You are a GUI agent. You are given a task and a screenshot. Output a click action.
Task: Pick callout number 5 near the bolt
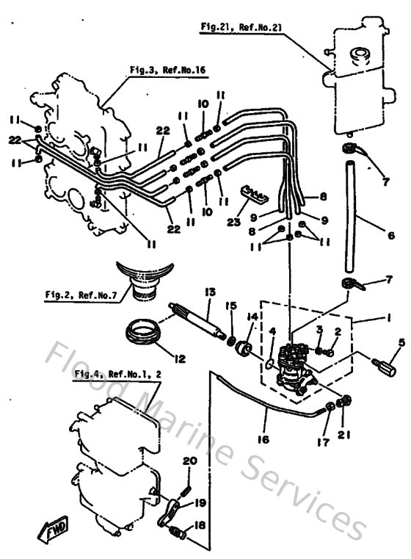coord(401,342)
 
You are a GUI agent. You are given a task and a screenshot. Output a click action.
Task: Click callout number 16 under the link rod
coord(264,439)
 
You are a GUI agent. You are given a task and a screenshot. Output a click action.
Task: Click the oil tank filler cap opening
coord(360,54)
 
